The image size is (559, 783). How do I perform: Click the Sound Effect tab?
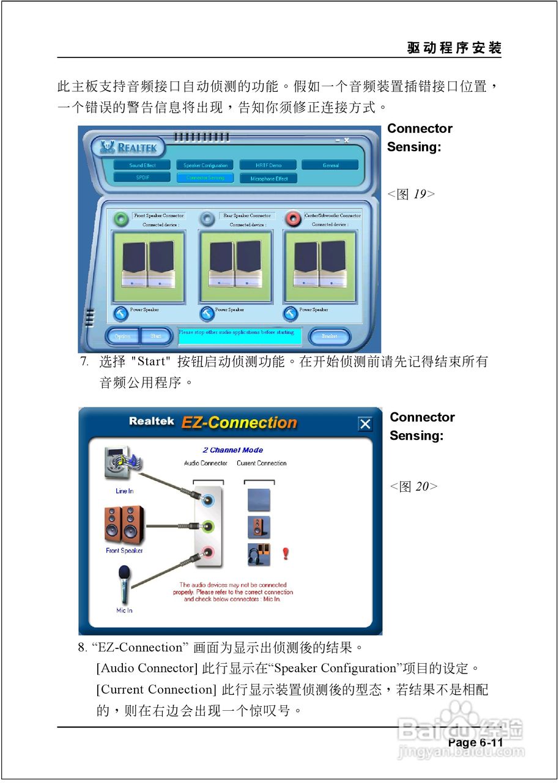click(143, 165)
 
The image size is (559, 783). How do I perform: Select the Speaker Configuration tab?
click(205, 165)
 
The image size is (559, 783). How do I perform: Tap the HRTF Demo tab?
click(268, 165)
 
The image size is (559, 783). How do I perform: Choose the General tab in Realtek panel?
click(330, 165)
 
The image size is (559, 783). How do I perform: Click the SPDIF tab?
click(143, 177)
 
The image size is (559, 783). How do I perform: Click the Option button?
click(122, 336)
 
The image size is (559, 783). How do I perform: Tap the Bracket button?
click(329, 336)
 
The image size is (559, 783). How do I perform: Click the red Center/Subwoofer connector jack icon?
click(294, 217)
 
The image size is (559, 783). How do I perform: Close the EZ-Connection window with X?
click(365, 424)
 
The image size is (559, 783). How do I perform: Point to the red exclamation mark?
click(285, 554)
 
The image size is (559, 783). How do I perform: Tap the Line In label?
click(124, 491)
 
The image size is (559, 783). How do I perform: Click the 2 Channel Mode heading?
click(232, 450)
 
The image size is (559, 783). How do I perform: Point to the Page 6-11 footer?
click(475, 743)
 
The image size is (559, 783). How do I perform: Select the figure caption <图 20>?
click(413, 487)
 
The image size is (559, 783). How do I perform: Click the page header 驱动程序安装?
click(454, 48)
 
